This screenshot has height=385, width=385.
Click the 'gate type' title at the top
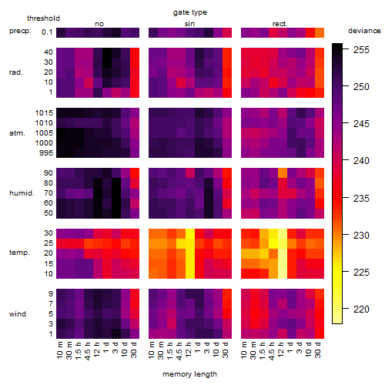[x=190, y=12]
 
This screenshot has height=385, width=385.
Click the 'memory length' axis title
[x=189, y=374]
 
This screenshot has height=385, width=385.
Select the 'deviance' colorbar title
[x=364, y=31]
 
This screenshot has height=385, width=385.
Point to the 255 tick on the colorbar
[x=361, y=50]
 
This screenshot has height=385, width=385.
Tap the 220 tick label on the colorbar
[x=361, y=309]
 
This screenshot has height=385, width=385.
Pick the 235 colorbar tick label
[x=361, y=198]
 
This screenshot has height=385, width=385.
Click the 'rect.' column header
[x=280, y=24]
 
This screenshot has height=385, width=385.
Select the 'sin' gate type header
[x=189, y=24]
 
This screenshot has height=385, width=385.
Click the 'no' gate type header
[x=99, y=24]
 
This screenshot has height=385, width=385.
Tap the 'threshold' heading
[x=43, y=18]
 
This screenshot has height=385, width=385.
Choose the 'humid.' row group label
[x=22, y=193]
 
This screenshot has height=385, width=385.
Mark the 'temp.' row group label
[x=19, y=253]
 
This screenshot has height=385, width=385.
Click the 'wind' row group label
[x=18, y=314]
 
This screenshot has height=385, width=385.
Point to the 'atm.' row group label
[x=17, y=133]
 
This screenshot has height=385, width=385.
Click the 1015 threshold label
[x=44, y=113]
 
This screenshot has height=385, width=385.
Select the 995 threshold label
[x=46, y=153]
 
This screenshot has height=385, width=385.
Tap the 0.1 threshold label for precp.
[x=47, y=32]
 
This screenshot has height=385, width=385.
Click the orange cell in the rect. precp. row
[x=320, y=32]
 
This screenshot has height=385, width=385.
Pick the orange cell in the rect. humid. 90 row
[x=283, y=172]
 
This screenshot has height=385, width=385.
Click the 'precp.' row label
[x=20, y=31]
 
